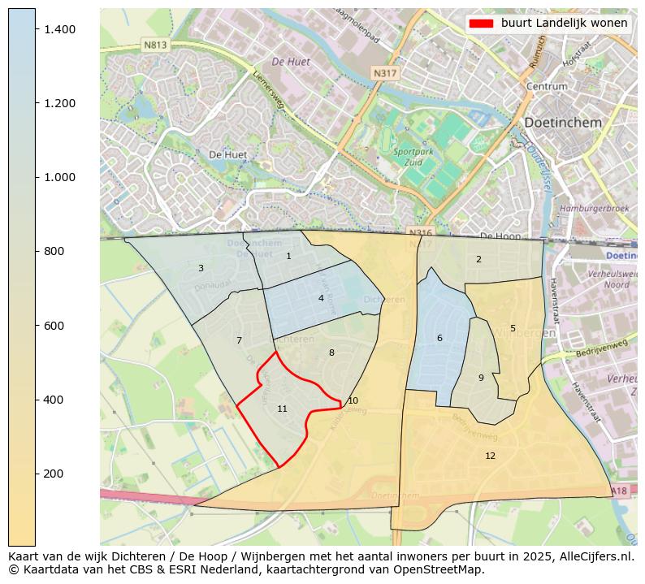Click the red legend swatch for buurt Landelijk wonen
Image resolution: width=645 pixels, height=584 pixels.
tap(481, 24)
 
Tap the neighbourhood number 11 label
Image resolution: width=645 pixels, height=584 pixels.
tap(282, 409)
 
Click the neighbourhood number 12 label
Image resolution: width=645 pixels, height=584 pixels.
tap(490, 456)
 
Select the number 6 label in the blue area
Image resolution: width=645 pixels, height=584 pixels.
tap(439, 338)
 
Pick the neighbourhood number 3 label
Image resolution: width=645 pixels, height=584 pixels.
tap(201, 268)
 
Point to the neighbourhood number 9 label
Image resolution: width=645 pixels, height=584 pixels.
tap(481, 378)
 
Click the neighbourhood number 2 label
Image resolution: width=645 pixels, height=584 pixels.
tap(478, 259)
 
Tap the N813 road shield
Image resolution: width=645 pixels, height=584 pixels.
tap(154, 45)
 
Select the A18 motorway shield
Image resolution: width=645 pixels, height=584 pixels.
tap(619, 491)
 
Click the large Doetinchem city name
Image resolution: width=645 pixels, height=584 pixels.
tap(563, 123)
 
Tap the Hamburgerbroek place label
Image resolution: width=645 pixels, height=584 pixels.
tap(594, 208)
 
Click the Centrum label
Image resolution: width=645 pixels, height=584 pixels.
tap(546, 86)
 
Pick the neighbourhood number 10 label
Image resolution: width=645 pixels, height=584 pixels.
tap(353, 400)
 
